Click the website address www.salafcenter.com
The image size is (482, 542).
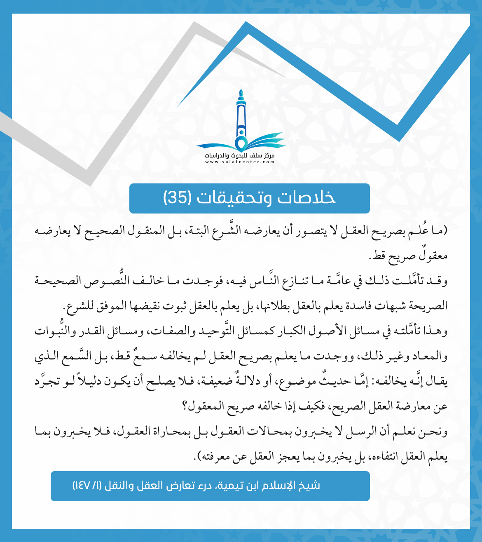[240, 162]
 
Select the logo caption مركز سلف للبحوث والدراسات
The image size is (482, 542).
[240, 156]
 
